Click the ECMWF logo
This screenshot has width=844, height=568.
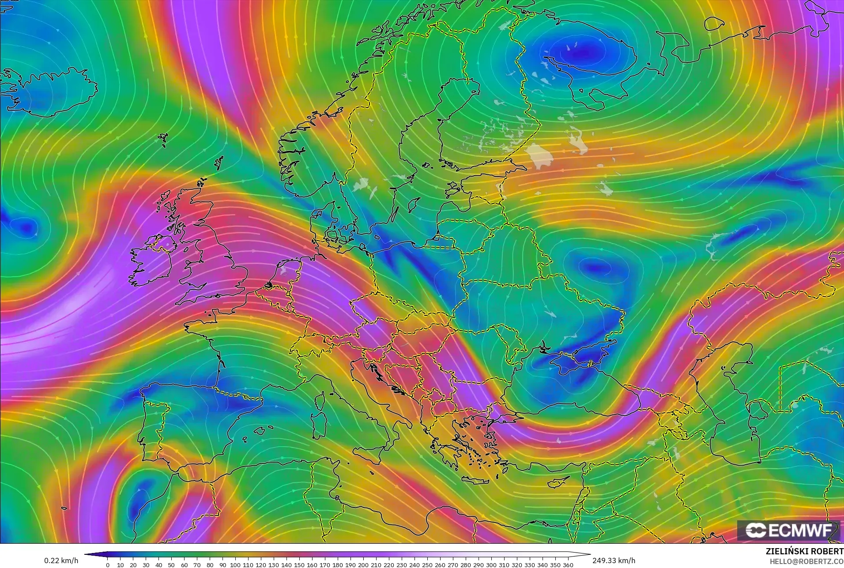(788, 530)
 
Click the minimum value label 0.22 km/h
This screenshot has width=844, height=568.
(61, 560)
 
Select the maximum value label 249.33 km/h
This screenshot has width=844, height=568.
(614, 560)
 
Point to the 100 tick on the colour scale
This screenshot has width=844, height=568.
(235, 565)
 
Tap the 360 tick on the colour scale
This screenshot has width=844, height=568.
(568, 565)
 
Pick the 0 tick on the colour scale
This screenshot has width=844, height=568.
(108, 565)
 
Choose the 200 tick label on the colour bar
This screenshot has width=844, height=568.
(363, 565)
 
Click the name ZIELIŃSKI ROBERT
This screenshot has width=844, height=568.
(804, 552)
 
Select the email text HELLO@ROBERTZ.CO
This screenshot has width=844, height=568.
(806, 562)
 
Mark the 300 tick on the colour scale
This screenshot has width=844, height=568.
(491, 565)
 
